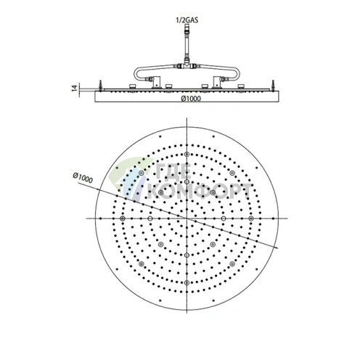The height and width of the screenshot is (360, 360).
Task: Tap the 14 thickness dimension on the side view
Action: point(84,89)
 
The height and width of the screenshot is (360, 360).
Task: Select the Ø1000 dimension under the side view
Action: point(187,99)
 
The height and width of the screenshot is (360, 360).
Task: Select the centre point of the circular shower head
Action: point(187,218)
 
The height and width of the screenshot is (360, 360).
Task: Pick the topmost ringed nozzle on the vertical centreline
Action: point(187,155)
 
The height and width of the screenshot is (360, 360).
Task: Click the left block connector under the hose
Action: point(156,80)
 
